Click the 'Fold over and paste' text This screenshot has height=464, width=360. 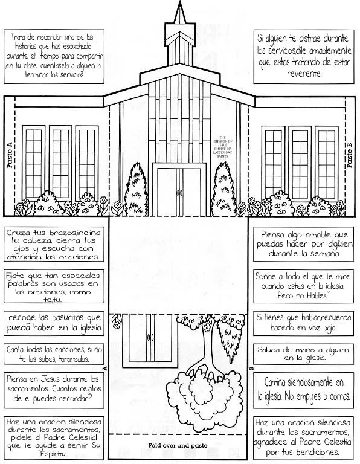click(179, 446)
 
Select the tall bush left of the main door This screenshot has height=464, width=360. click(138, 183)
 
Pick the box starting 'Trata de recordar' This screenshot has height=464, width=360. click(52, 56)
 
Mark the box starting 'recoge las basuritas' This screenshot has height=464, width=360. click(54, 323)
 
